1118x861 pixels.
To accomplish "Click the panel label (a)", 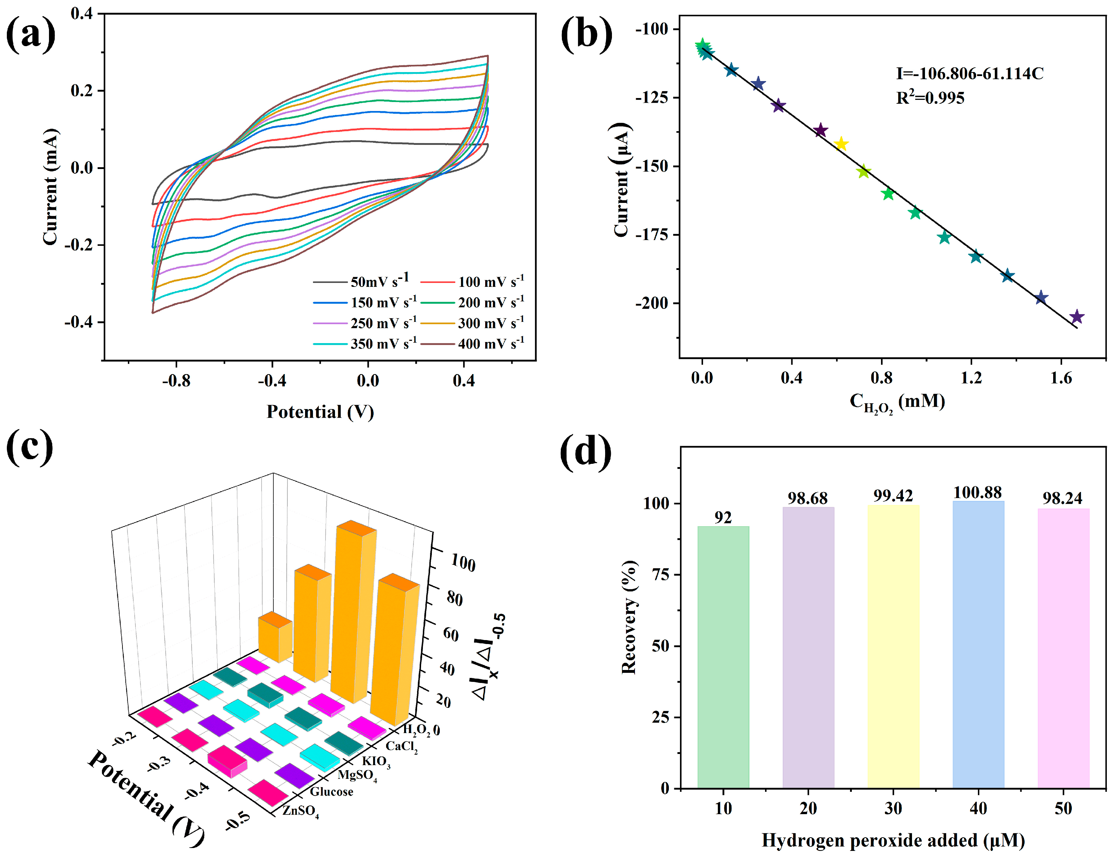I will coord(31,34).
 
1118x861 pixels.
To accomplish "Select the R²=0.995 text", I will coord(930,98).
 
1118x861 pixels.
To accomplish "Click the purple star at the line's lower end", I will coord(1077,316).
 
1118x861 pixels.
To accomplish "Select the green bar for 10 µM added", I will coord(723,657).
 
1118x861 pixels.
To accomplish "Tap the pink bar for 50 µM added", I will coord(1063,648).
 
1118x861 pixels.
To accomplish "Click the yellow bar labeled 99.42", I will coord(893,647).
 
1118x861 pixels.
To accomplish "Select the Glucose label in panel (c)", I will coord(331,792).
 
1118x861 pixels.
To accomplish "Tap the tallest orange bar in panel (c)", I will coord(353,614).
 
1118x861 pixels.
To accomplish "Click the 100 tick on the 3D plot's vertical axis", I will coord(463,563).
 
